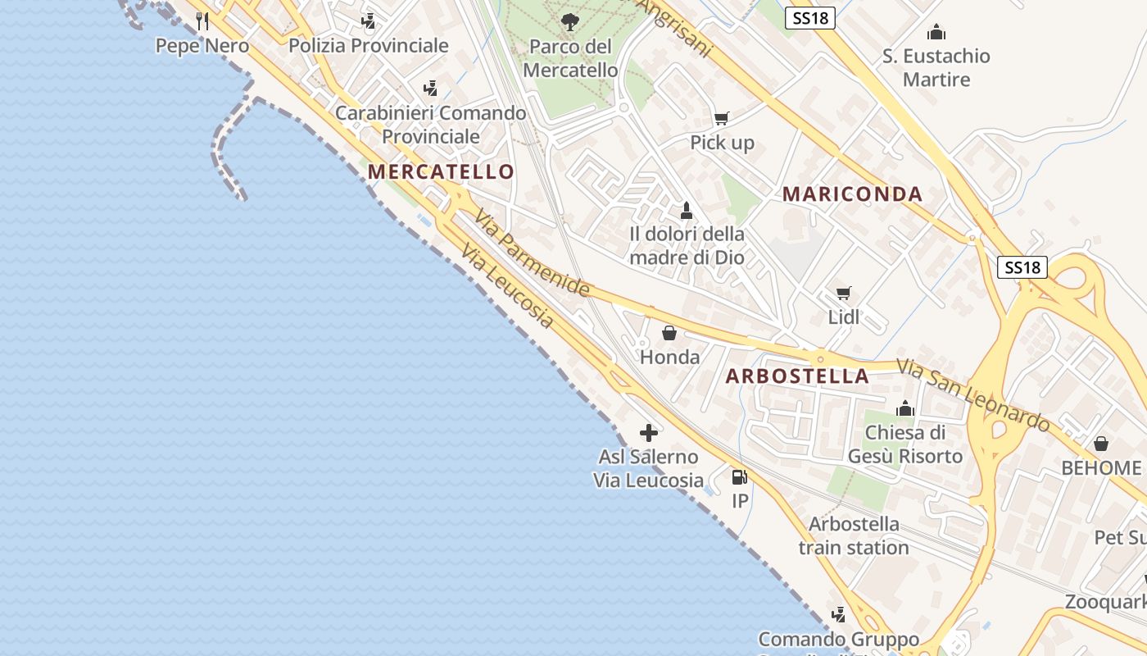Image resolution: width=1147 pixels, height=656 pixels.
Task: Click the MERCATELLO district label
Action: pyautogui.click(x=442, y=172)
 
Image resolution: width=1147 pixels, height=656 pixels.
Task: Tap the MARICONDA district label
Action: pyautogui.click(x=852, y=194)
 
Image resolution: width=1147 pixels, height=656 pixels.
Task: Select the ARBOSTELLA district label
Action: pyautogui.click(x=797, y=376)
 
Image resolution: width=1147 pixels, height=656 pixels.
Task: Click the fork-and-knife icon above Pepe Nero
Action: pyautogui.click(x=202, y=21)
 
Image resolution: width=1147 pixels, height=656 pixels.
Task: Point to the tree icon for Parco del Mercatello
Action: pyautogui.click(x=570, y=22)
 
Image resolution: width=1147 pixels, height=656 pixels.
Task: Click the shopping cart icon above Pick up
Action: pyautogui.click(x=721, y=119)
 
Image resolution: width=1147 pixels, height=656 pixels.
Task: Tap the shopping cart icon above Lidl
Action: pyautogui.click(x=843, y=293)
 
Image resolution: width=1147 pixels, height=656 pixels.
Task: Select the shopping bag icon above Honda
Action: pyautogui.click(x=669, y=333)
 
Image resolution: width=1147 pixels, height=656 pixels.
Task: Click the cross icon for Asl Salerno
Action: pyautogui.click(x=649, y=432)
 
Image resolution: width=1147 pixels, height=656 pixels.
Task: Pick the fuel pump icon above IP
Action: pyautogui.click(x=739, y=476)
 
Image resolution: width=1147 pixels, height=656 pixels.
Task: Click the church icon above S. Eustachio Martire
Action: pyautogui.click(x=936, y=33)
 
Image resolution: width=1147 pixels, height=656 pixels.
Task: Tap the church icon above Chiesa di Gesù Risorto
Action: pyautogui.click(x=904, y=408)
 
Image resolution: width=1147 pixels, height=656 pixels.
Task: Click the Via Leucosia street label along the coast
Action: pyautogui.click(x=507, y=286)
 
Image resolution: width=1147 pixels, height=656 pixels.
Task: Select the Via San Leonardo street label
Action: pyautogui.click(x=972, y=395)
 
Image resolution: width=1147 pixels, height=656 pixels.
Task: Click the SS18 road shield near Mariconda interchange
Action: pyautogui.click(x=1022, y=267)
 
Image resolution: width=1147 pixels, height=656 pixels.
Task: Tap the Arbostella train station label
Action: pyautogui.click(x=854, y=535)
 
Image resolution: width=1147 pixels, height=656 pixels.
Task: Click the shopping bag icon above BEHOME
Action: pyautogui.click(x=1101, y=444)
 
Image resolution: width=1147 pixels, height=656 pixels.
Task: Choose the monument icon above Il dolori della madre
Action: pyautogui.click(x=687, y=211)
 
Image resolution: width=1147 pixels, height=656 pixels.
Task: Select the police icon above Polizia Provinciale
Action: pyautogui.click(x=369, y=21)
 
